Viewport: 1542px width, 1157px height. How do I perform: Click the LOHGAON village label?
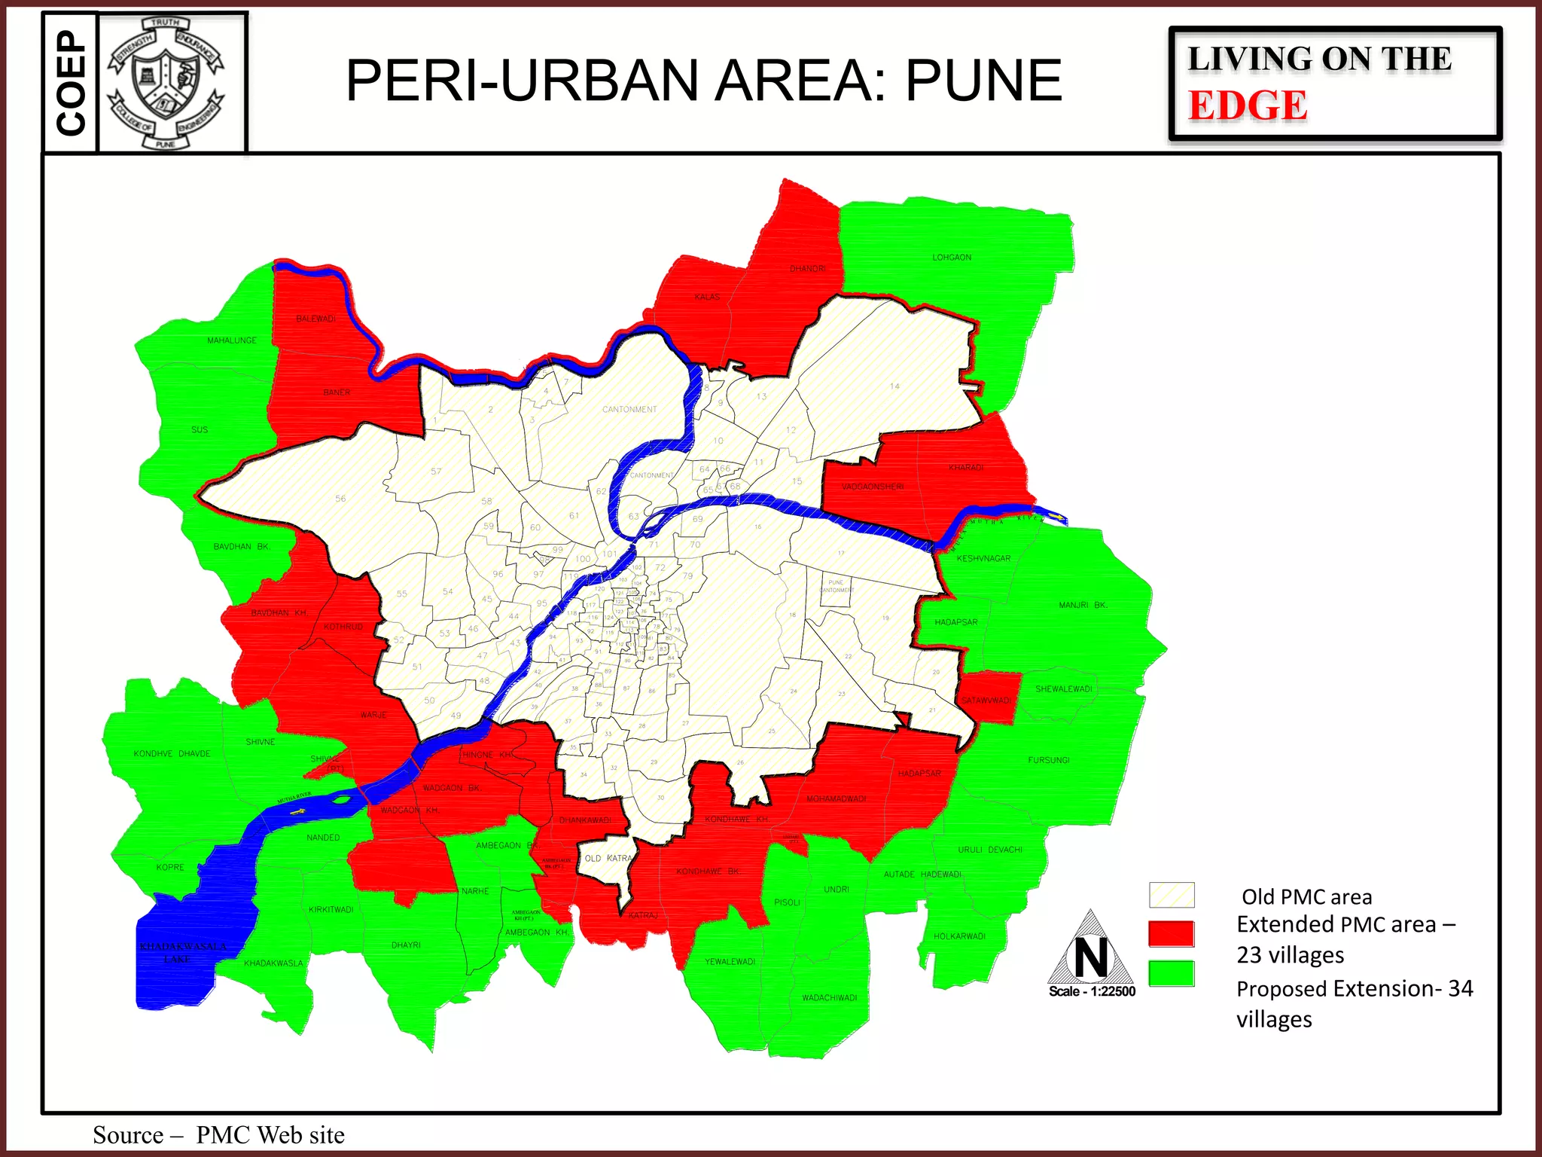coord(952,258)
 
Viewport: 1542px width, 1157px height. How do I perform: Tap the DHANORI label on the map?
coord(807,269)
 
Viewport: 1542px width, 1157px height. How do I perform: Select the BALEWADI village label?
coord(315,319)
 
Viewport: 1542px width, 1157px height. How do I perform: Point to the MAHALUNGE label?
coord(232,340)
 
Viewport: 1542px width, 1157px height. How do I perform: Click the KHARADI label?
coord(966,468)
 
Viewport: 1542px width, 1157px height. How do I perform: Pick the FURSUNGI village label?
coord(1049,760)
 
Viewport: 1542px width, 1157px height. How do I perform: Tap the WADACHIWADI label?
coord(829,998)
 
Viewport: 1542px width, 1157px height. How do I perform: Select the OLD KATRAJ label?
coord(608,859)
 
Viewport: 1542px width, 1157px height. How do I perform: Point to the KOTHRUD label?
coord(343,627)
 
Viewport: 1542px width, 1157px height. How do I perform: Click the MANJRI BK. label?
coord(1083,605)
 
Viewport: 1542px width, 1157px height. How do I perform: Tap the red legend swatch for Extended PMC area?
coord(1171,933)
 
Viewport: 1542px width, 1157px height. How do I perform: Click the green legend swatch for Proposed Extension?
coord(1171,973)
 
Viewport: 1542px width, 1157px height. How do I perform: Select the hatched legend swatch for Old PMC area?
coord(1171,895)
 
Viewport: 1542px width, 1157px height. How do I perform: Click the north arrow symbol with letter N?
coord(1091,951)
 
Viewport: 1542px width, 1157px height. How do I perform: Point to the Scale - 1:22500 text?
coord(1092,991)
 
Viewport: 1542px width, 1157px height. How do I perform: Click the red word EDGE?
coord(1248,105)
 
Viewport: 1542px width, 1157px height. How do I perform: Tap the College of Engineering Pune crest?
coord(166,83)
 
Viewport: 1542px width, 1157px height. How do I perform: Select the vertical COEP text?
coord(71,83)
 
